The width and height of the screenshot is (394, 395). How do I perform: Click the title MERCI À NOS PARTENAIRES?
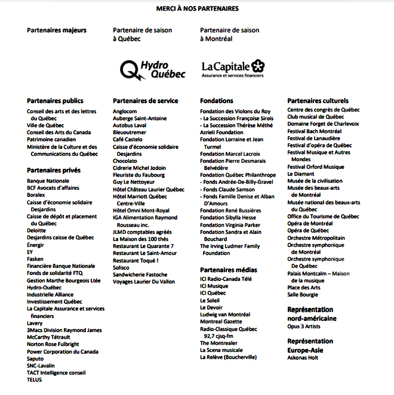pyautogui.click(x=196, y=9)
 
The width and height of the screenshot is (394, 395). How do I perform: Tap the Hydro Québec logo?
pyautogui.click(x=153, y=69)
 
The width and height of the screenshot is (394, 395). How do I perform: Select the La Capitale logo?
pyautogui.click(x=233, y=69)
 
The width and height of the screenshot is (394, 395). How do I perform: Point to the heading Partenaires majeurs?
pyautogui.click(x=57, y=30)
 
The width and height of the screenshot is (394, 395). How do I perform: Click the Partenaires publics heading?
pyautogui.click(x=55, y=101)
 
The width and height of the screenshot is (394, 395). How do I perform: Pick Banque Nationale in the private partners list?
pyautogui.click(x=48, y=181)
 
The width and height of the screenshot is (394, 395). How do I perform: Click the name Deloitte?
pyautogui.click(x=36, y=230)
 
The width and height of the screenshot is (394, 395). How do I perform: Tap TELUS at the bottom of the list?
pyautogui.click(x=35, y=379)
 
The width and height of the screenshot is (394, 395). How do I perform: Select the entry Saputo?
pyautogui.click(x=36, y=359)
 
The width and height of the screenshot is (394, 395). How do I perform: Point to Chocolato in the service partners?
pyautogui.click(x=125, y=161)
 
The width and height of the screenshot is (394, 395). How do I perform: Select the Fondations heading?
pyautogui.click(x=217, y=101)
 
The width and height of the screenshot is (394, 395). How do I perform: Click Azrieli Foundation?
pyautogui.click(x=221, y=132)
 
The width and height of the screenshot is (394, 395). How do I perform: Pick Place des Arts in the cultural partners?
pyautogui.click(x=304, y=288)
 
